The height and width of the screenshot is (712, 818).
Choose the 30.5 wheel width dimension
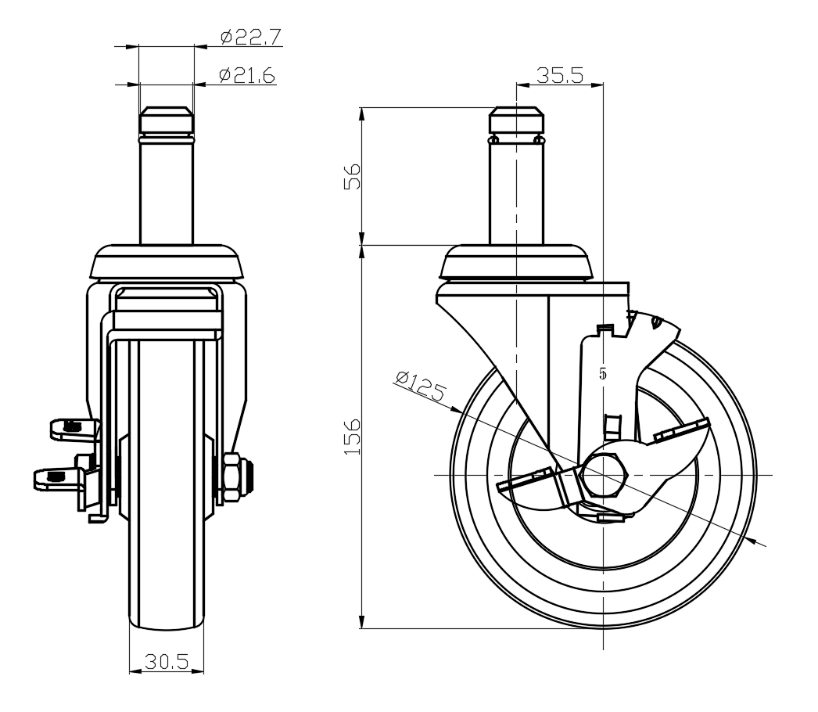click(x=166, y=663)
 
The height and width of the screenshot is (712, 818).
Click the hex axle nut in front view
click(x=232, y=476)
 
